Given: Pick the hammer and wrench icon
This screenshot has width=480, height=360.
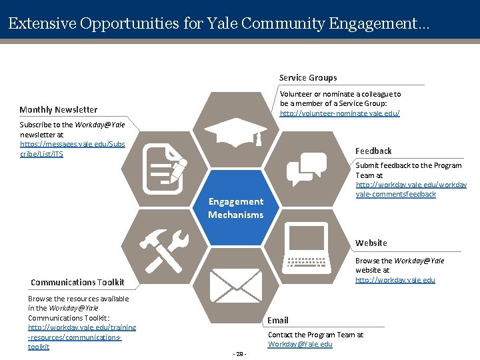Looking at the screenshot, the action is (x=164, y=249).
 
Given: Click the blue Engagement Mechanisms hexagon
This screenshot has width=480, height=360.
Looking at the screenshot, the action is (x=235, y=208).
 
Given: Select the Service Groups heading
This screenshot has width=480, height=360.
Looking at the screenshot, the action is (x=308, y=78).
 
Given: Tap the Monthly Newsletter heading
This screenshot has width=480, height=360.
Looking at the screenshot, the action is (x=59, y=110).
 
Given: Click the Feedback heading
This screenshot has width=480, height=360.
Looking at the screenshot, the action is (x=373, y=151).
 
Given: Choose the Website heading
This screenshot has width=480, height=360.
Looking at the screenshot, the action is (x=371, y=243).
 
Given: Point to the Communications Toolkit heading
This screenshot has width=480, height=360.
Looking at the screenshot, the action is (x=73, y=283).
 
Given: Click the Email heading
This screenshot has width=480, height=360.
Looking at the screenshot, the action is (x=278, y=321).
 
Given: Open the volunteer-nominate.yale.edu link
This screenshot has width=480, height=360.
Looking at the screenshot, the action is (x=339, y=114).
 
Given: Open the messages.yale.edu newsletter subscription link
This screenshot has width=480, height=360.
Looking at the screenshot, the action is (x=72, y=149).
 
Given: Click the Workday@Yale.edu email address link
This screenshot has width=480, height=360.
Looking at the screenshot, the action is (x=300, y=344).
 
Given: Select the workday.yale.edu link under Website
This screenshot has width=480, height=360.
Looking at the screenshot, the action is (x=395, y=280).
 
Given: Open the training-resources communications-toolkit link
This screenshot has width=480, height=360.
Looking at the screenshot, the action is (x=81, y=337).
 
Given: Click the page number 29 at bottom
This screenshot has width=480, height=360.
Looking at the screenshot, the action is (x=240, y=353).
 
